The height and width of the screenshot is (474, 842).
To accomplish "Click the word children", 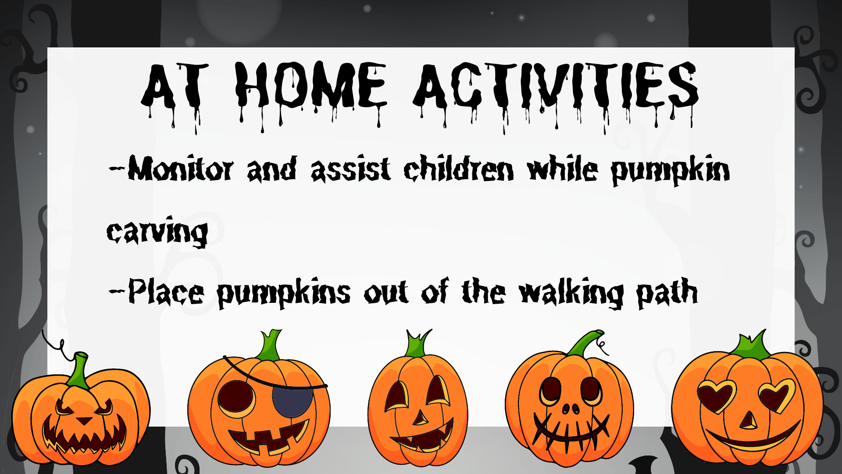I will pos(458,170).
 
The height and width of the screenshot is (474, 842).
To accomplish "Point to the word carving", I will pos(157,231).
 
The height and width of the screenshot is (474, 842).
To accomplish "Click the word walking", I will pos(571,293).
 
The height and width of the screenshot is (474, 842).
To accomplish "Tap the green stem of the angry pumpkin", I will pos(79,371).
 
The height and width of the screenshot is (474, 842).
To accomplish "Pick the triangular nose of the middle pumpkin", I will pos(420,417).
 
